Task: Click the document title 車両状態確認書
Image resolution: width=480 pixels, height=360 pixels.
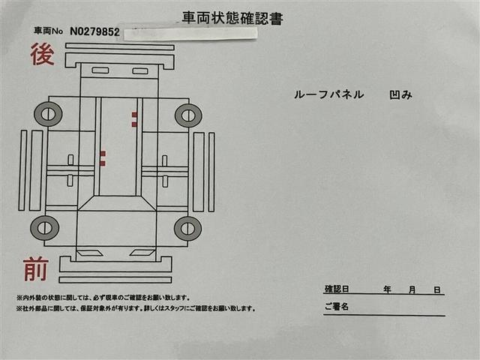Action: coord(232,18)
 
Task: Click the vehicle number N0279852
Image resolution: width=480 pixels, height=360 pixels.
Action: coord(94,31)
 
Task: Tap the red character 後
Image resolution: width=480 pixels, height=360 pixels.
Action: coord(42,54)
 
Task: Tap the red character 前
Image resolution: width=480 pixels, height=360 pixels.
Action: coord(36,269)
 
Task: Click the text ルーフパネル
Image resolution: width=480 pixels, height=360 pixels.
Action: coord(329,94)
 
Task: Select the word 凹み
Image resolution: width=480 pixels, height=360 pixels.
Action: coord(401,95)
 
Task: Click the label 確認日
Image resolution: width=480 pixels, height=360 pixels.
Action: coord(337,289)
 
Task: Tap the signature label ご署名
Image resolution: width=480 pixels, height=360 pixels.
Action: coord(337,306)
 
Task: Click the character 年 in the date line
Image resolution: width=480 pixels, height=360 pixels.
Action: coord(387,289)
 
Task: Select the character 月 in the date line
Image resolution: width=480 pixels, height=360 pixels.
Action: coord(412,289)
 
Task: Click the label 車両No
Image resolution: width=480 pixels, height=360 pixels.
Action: coord(48,31)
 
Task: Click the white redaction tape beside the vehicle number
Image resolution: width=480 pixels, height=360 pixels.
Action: coord(190,34)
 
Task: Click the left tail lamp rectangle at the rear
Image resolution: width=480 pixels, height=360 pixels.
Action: coord(100,70)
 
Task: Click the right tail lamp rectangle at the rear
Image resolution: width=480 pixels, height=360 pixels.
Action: coord(140,71)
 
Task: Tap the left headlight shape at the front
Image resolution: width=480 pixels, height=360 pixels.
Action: coord(90,253)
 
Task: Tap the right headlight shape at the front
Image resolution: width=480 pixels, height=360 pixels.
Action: coord(142,253)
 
